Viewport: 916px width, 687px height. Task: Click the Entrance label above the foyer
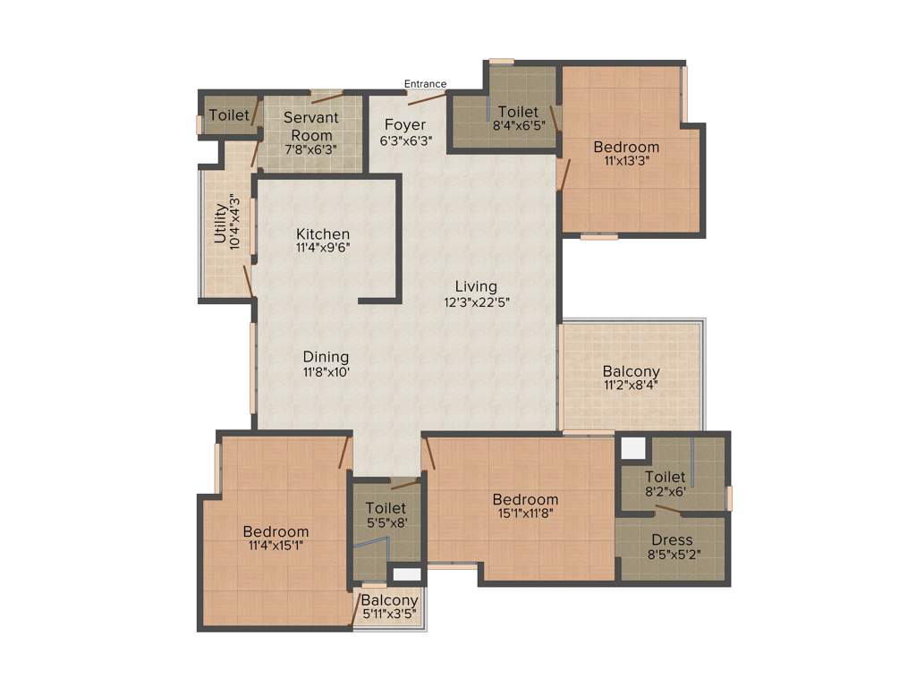click(x=425, y=84)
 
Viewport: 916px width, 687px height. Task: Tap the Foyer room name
click(x=405, y=124)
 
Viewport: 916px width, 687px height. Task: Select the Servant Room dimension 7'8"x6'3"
click(x=310, y=149)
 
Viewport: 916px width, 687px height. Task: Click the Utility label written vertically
click(x=220, y=224)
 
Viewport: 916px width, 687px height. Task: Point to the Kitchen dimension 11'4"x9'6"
click(x=323, y=248)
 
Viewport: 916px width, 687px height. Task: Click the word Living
click(x=476, y=286)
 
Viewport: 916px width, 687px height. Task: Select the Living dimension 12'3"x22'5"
click(x=476, y=301)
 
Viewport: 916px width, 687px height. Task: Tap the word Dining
click(x=325, y=357)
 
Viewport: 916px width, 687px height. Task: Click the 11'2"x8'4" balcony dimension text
click(x=631, y=386)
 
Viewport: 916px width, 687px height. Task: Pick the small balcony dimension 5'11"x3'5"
click(x=389, y=615)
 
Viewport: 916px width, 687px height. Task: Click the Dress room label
click(x=672, y=540)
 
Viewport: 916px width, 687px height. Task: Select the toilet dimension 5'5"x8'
click(x=386, y=522)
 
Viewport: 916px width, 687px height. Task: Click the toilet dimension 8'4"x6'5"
click(x=518, y=126)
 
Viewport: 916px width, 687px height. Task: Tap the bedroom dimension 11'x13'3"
click(x=626, y=161)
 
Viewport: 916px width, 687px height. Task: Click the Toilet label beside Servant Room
click(x=229, y=115)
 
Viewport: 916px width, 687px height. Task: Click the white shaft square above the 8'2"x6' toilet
click(x=633, y=447)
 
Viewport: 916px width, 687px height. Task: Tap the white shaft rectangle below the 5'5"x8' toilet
click(x=406, y=574)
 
